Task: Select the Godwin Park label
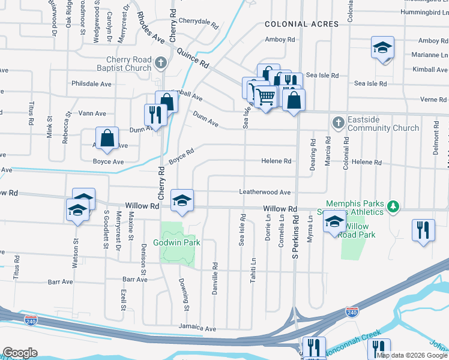(176, 242)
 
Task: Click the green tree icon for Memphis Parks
(393, 206)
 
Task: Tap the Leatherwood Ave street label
(265, 193)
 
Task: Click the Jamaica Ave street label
(197, 329)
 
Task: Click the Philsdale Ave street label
(91, 84)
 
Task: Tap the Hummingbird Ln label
(423, 11)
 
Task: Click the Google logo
(20, 353)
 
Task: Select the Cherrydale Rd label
(197, 22)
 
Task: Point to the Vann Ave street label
(92, 113)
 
